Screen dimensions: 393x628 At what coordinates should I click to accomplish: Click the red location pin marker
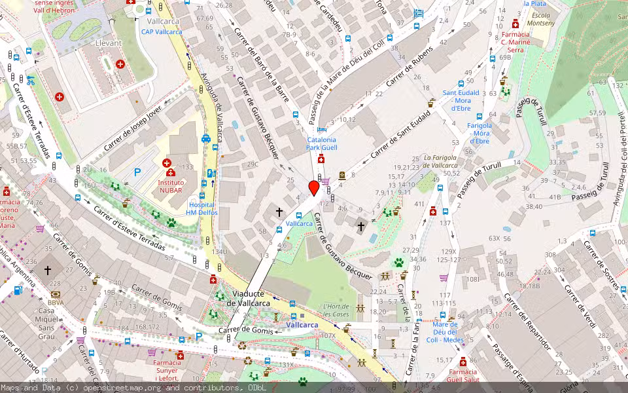[314, 188]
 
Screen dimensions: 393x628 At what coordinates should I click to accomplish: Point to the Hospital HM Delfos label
[200, 208]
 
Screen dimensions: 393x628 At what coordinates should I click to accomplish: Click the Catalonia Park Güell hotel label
[321, 143]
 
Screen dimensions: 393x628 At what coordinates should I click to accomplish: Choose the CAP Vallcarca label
[160, 31]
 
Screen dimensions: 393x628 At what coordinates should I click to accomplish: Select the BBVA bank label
[55, 303]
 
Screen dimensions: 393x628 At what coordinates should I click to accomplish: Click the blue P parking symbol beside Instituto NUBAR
[137, 172]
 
